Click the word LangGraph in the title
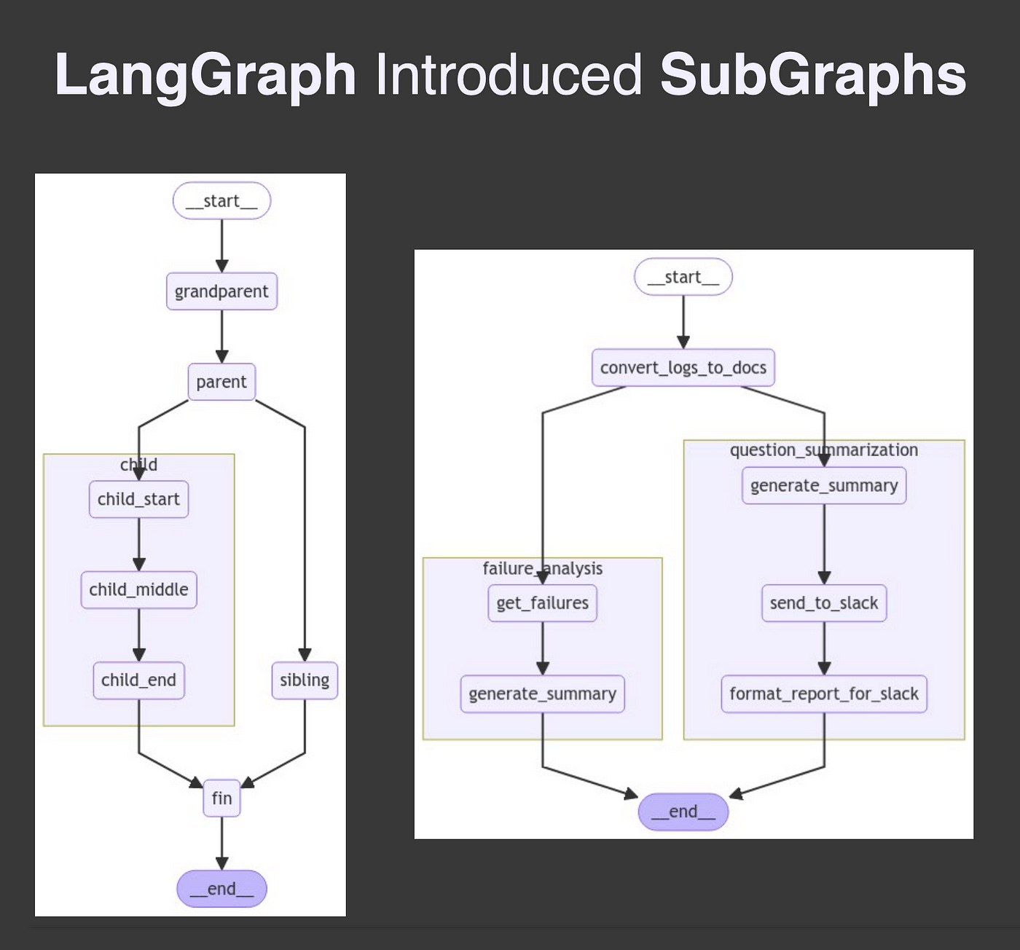click(x=205, y=75)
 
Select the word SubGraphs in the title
click(x=812, y=75)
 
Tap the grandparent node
click(x=221, y=291)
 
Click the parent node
click(x=221, y=382)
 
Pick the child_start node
click(x=138, y=499)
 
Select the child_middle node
click(x=138, y=589)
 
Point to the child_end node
click(x=138, y=680)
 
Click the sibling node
click(x=305, y=680)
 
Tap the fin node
click(x=221, y=798)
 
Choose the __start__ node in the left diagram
click(x=221, y=201)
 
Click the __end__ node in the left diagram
click(x=221, y=889)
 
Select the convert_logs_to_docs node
click(x=683, y=368)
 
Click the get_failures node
click(x=542, y=603)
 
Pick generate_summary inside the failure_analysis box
click(x=542, y=694)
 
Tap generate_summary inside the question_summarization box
click(x=824, y=485)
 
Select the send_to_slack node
click(x=824, y=603)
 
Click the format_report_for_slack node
click(x=824, y=694)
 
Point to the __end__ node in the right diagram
click(x=683, y=812)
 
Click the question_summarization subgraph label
click(x=824, y=450)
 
